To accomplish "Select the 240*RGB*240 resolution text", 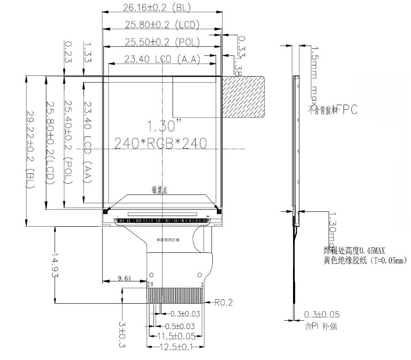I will coord(160,143).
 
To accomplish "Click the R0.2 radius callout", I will coord(224,302).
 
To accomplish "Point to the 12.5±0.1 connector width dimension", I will coord(176,347).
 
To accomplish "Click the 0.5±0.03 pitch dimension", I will coord(180,326).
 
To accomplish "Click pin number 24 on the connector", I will coord(149,284).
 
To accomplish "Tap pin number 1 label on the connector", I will coord(202,284).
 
